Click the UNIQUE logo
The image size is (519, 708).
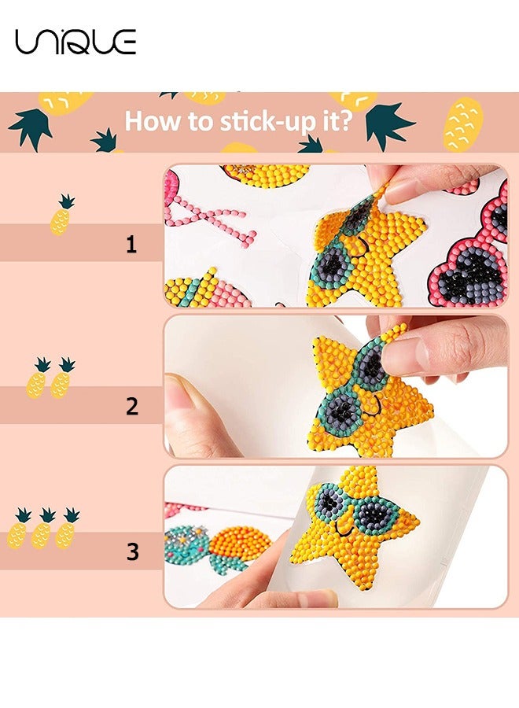(75, 41)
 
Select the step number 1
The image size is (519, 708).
(131, 245)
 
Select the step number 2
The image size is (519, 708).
(131, 407)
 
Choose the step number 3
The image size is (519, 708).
(132, 551)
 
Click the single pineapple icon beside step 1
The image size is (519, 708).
(62, 215)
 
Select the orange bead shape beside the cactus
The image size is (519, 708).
(240, 544)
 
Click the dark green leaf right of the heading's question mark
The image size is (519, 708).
(389, 124)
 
